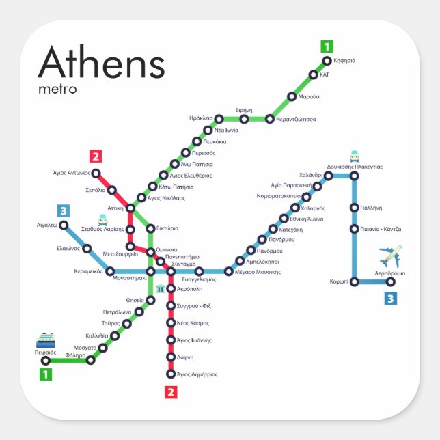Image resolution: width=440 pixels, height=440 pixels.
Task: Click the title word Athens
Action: pyautogui.click(x=101, y=64)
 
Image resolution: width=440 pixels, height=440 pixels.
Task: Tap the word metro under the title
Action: pyautogui.click(x=57, y=89)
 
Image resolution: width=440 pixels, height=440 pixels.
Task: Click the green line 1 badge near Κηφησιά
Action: pyautogui.click(x=327, y=47)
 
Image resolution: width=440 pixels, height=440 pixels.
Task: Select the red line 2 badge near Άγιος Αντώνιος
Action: pyautogui.click(x=96, y=156)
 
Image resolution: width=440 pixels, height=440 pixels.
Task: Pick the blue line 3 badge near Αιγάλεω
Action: pyautogui.click(x=64, y=211)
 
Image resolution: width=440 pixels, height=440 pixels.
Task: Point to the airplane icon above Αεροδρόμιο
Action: pyautogui.click(x=391, y=256)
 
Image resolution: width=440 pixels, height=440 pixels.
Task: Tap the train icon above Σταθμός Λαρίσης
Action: pyautogui.click(x=103, y=220)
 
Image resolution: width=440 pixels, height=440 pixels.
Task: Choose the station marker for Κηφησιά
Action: pyautogui.click(x=327, y=61)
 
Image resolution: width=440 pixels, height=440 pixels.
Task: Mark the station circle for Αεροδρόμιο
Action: pyautogui.click(x=391, y=281)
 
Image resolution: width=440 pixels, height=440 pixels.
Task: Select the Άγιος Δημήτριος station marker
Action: pyautogui.click(x=171, y=374)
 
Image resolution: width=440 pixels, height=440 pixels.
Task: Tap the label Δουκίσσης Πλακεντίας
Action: pyautogui.click(x=355, y=167)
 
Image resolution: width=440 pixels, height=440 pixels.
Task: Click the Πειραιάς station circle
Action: pyautogui.click(x=46, y=360)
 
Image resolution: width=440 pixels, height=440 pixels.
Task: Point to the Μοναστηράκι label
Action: pyautogui.click(x=130, y=279)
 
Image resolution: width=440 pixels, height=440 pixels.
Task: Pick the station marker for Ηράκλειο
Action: pyautogui.click(x=219, y=119)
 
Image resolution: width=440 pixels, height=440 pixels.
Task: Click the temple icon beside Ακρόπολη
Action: pyautogui.click(x=160, y=289)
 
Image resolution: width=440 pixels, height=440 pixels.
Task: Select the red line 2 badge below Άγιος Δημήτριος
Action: pyautogui.click(x=171, y=391)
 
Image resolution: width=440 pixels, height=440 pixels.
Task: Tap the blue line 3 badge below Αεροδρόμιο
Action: pyautogui.click(x=390, y=298)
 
